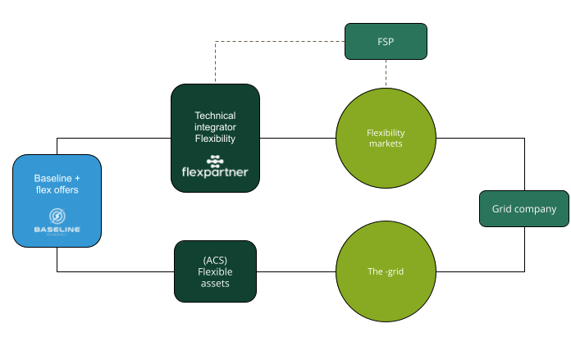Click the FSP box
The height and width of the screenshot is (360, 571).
pos(386,41)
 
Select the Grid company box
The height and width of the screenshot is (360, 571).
pos(523,209)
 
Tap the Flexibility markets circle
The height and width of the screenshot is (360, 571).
pos(386,138)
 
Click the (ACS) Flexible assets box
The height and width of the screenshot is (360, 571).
pos(216,271)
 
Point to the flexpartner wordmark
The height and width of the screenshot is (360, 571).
pos(214,173)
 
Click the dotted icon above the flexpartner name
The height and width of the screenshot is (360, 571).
pos(215,158)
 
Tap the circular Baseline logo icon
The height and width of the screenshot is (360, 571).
pos(57,216)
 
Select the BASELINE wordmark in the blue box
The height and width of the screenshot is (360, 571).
pos(57,230)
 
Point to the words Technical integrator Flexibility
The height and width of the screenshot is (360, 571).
pos(215,127)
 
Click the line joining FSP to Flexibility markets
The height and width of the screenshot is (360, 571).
pos(386,71)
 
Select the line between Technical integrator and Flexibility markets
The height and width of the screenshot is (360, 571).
pos(297,138)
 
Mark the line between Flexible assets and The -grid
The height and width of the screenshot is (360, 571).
pos(297,271)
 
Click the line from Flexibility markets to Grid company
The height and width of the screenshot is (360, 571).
pos(492,138)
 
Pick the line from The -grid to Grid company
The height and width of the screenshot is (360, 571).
pos(492,271)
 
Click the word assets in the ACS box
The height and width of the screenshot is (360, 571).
pos(216,283)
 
